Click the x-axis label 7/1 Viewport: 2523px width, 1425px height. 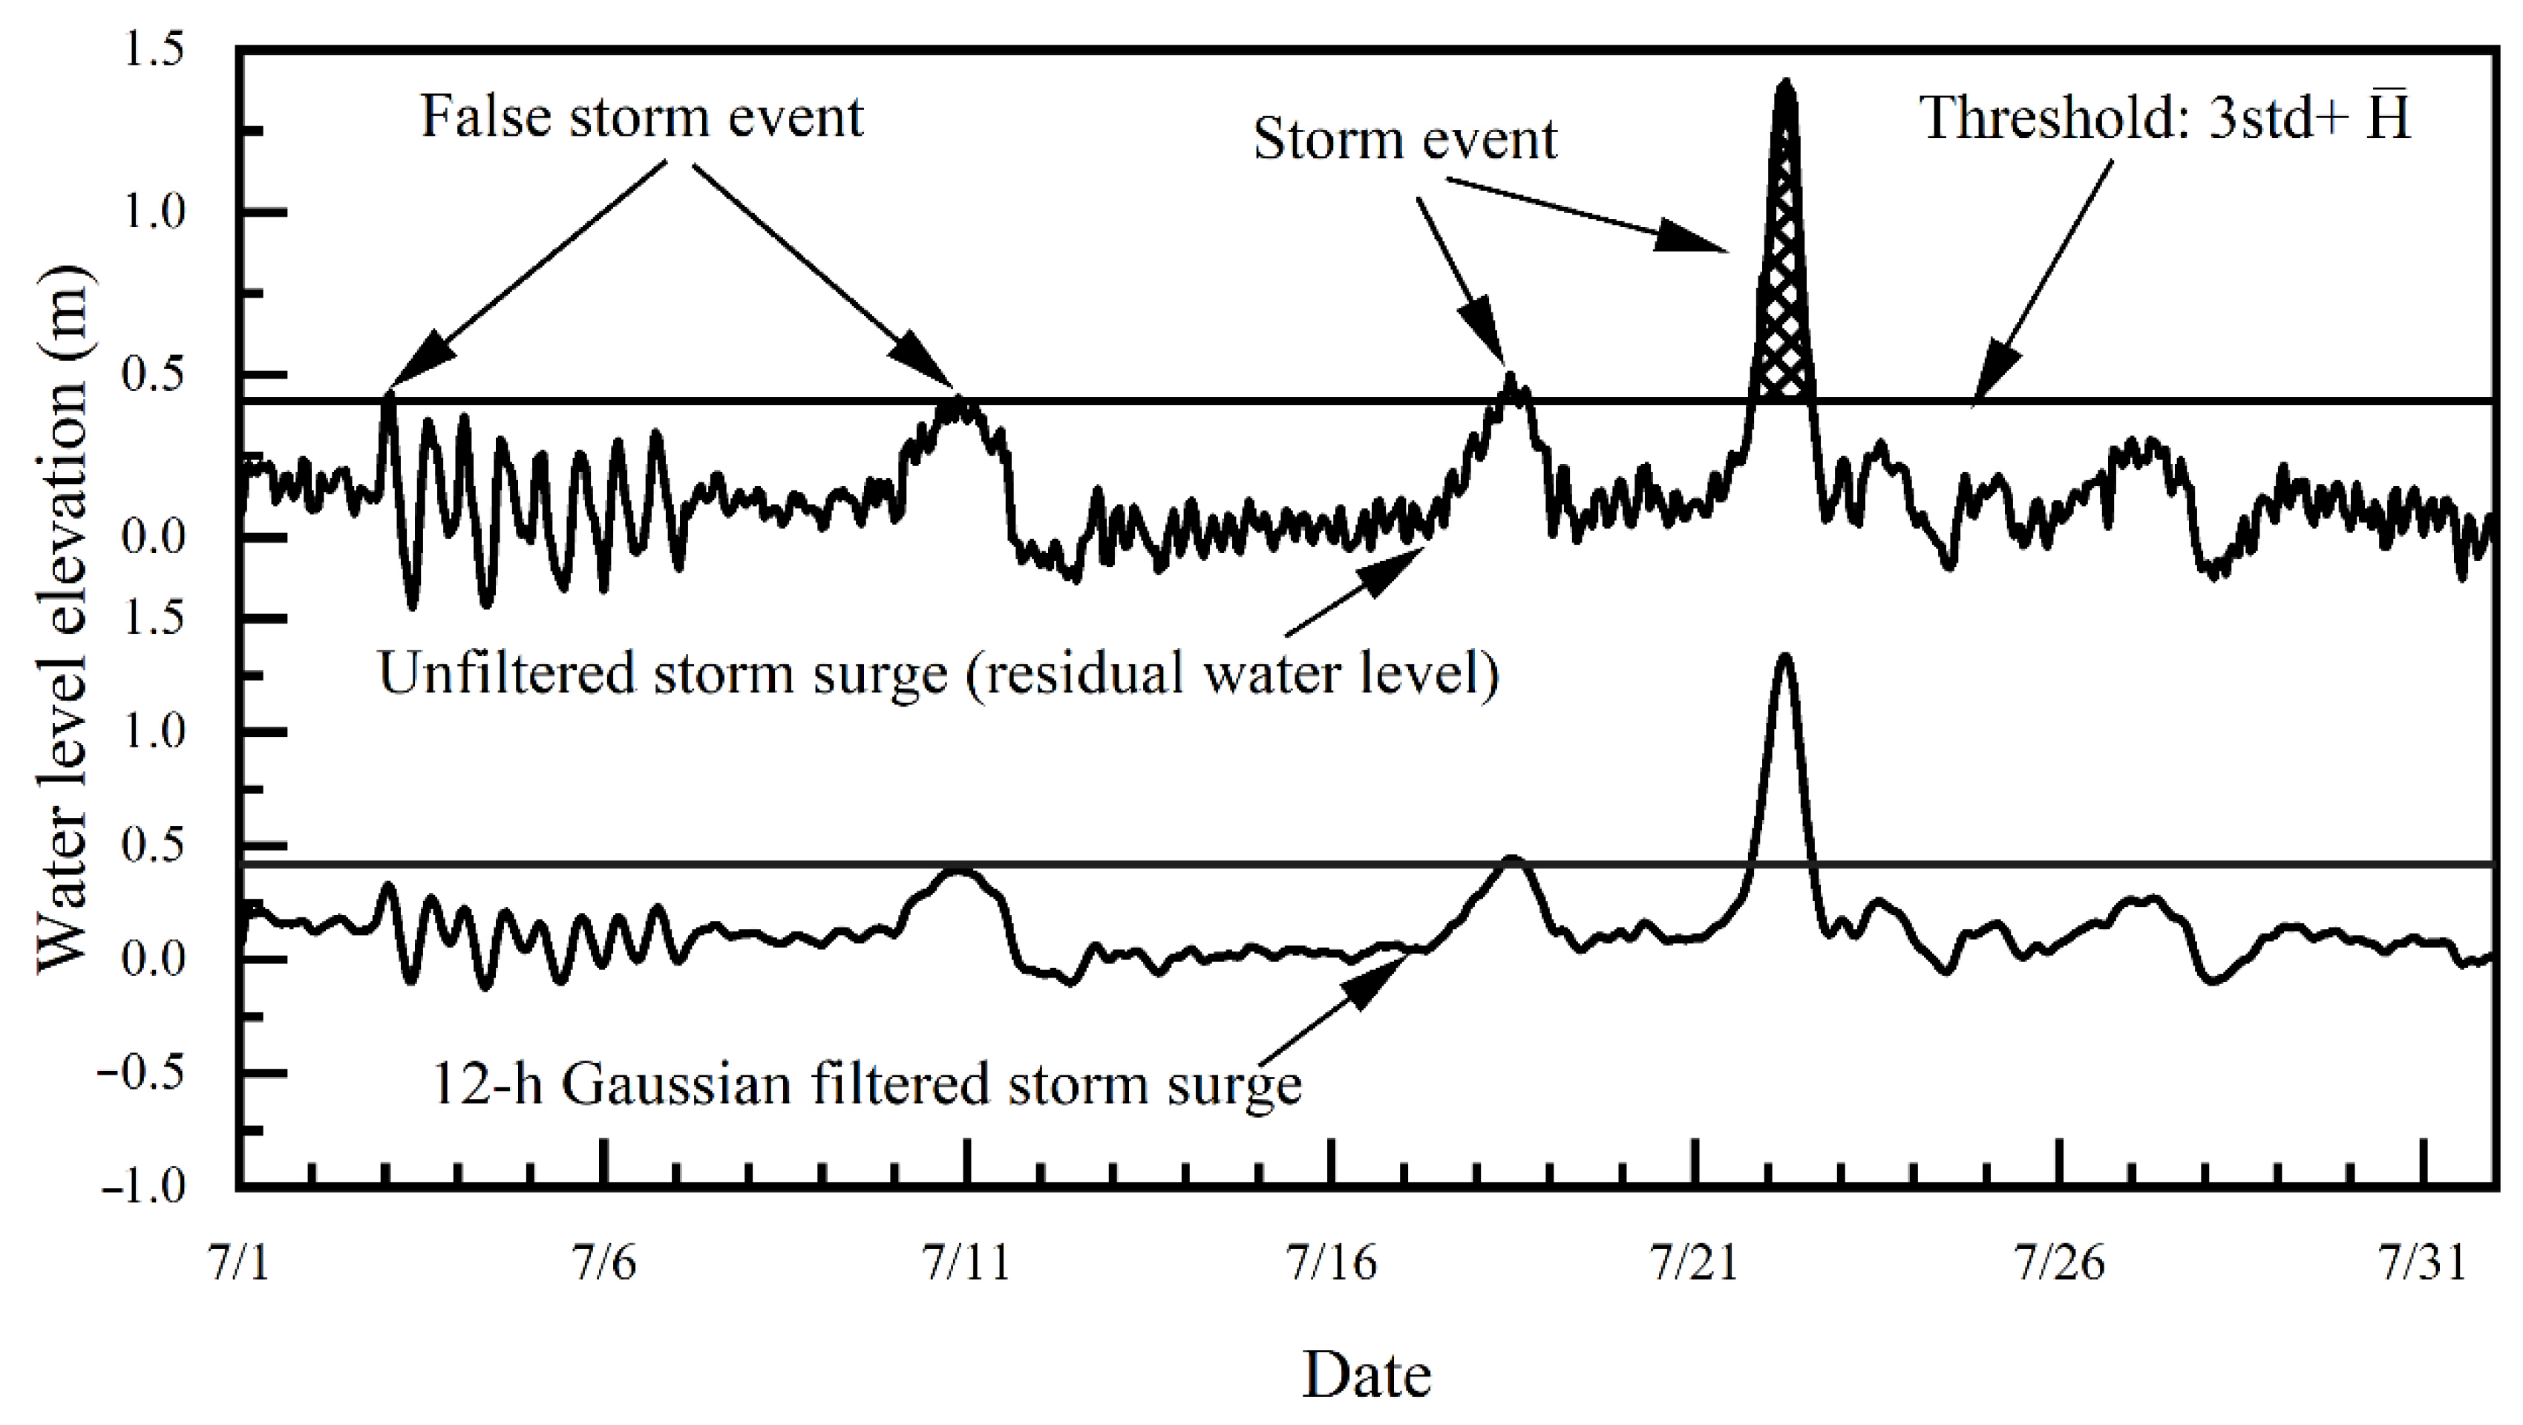235,1262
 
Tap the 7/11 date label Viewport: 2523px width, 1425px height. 966,1262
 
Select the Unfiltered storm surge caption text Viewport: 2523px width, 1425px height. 938,674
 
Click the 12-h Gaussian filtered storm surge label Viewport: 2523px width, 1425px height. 867,1085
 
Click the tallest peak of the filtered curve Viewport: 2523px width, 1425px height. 1784,658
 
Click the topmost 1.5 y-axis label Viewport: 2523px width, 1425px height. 154,51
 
